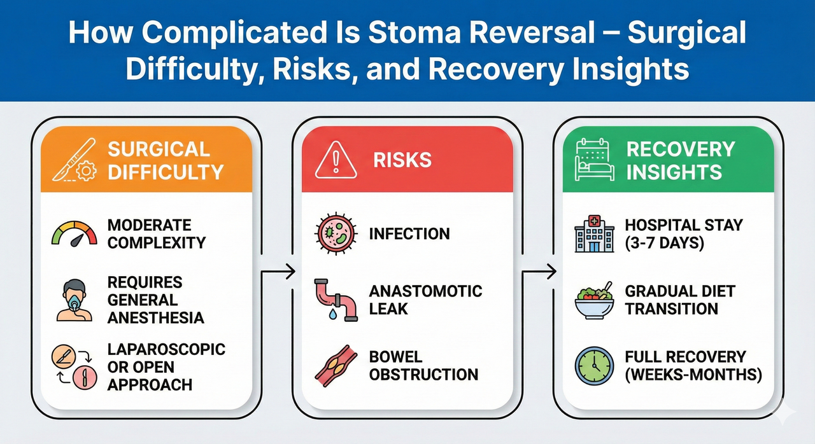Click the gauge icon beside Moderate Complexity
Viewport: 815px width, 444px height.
tap(74, 233)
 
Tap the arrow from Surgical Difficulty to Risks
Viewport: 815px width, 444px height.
tap(278, 272)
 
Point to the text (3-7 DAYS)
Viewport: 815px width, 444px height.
tap(664, 242)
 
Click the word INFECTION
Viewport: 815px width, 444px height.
tap(409, 233)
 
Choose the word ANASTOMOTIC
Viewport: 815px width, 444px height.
tap(425, 291)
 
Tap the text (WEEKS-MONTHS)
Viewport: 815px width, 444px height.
tap(693, 375)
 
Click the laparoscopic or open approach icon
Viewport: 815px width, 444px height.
tap(74, 366)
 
